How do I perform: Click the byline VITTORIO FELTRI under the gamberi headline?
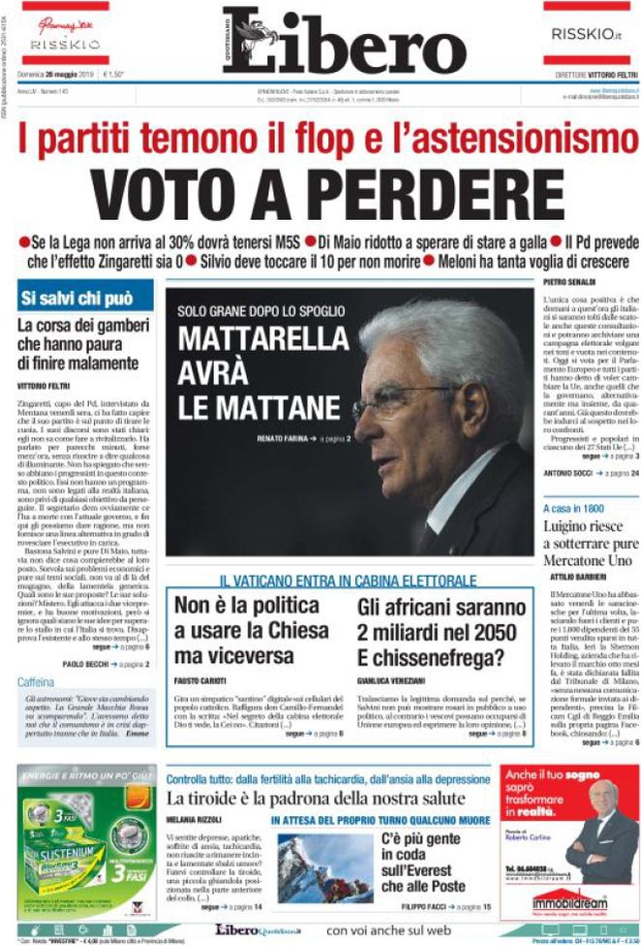point(46,386)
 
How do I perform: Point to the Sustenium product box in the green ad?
point(68,843)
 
